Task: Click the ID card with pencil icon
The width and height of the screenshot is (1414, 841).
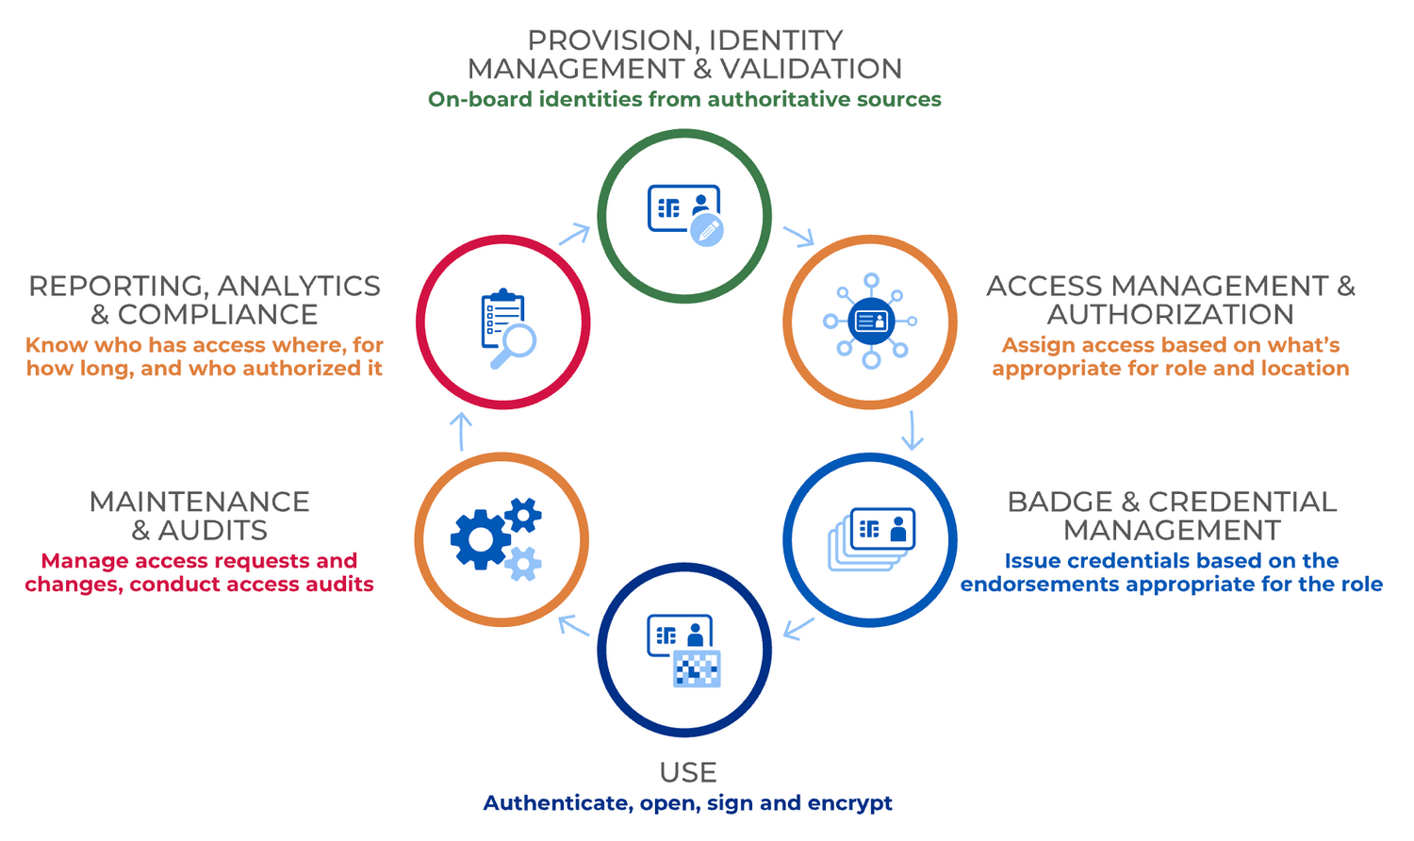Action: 685,215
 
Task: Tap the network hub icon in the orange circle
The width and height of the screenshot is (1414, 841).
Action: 870,322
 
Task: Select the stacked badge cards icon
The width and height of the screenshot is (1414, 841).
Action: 871,539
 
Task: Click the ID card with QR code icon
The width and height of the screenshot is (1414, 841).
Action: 684,650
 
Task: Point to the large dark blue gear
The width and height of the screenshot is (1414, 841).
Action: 481,539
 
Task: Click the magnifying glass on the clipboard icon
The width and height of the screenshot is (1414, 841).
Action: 515,343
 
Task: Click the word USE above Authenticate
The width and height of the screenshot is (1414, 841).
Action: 688,772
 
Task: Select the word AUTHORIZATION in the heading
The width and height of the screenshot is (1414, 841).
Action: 1170,314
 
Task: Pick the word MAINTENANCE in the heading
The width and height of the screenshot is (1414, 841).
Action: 199,502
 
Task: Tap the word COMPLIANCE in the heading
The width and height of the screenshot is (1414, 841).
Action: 218,314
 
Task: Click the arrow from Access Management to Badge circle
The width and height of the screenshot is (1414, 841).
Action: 912,431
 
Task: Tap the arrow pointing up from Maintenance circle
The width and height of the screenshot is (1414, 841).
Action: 461,431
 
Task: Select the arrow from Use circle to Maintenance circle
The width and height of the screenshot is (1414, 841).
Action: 574,625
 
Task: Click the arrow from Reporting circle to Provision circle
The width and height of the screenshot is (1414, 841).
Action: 574,234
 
